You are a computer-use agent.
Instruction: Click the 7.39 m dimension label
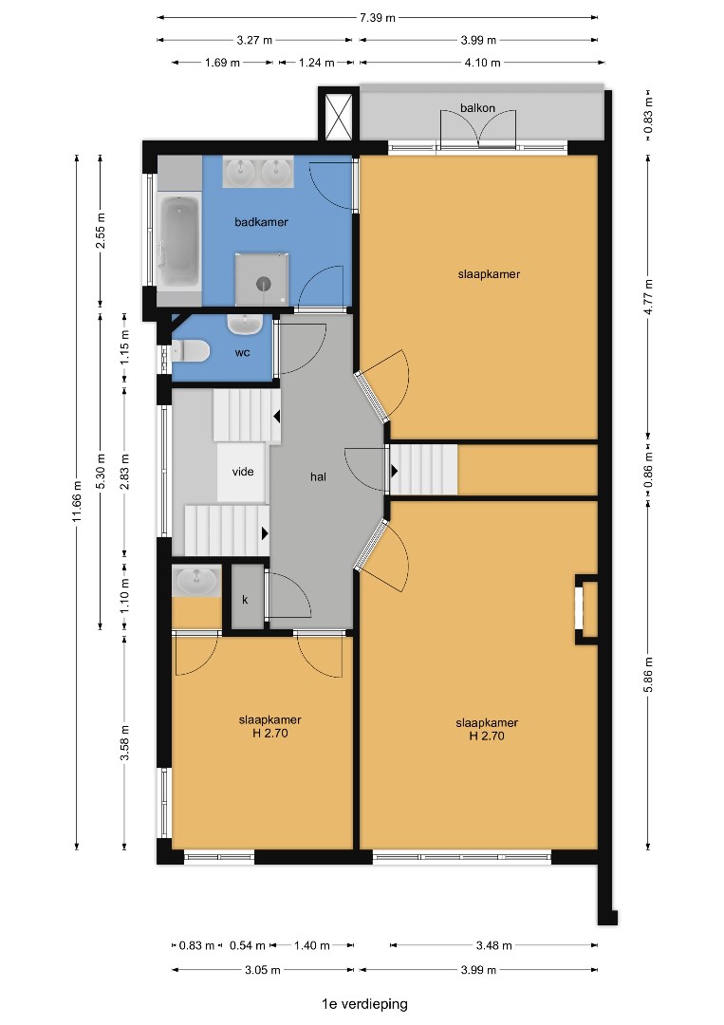tap(377, 18)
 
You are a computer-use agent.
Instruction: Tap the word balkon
tap(477, 108)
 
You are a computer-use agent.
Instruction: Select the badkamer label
tap(261, 221)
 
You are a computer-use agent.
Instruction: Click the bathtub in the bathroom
tap(179, 242)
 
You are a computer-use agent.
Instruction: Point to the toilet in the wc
tap(190, 351)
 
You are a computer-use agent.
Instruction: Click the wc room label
tap(242, 353)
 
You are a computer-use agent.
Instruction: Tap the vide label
tap(243, 472)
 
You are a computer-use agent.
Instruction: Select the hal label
tap(318, 476)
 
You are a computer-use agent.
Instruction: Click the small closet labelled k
tap(246, 599)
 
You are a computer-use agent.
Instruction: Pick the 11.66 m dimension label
tap(77, 501)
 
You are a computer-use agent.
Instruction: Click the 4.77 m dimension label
tap(648, 297)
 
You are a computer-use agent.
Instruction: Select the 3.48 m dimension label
tap(494, 945)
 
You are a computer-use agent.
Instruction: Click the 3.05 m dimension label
tap(263, 970)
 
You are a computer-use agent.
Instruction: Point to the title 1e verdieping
tap(364, 1004)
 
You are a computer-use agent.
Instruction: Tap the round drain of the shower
tap(264, 284)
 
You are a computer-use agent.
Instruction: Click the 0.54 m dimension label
tap(247, 945)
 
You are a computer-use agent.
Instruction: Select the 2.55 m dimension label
tap(101, 232)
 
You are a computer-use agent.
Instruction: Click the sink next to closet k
tap(196, 581)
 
